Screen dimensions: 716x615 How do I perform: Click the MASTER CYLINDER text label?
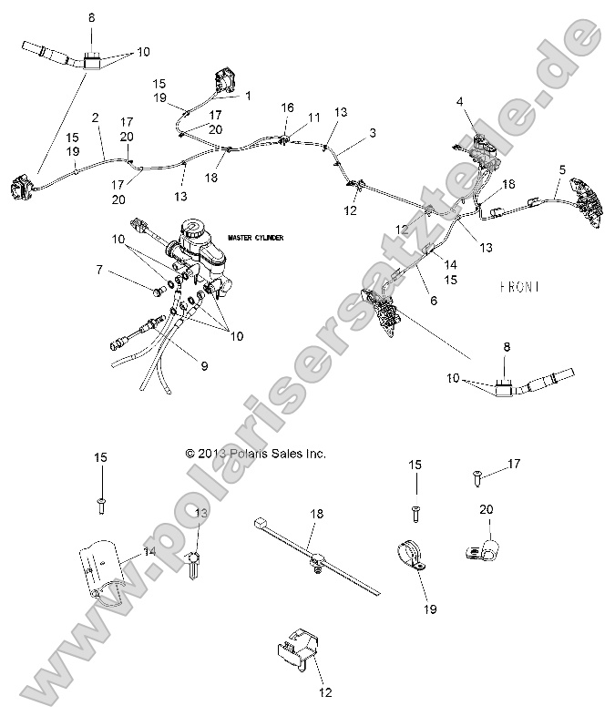(x=256, y=238)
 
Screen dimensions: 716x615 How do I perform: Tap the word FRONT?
(x=520, y=286)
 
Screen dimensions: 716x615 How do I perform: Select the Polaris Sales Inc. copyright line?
(x=255, y=453)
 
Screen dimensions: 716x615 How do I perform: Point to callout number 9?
(x=204, y=366)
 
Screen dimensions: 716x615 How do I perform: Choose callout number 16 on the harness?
(x=287, y=107)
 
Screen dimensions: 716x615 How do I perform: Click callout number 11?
(x=314, y=118)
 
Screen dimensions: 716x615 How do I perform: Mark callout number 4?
(x=460, y=100)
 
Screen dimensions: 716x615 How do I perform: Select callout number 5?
(x=562, y=169)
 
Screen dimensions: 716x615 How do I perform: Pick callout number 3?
(x=372, y=132)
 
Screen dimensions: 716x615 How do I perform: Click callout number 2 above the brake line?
(x=95, y=118)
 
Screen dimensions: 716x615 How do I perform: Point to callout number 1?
(x=248, y=95)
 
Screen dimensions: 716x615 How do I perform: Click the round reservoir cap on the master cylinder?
(x=194, y=227)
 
